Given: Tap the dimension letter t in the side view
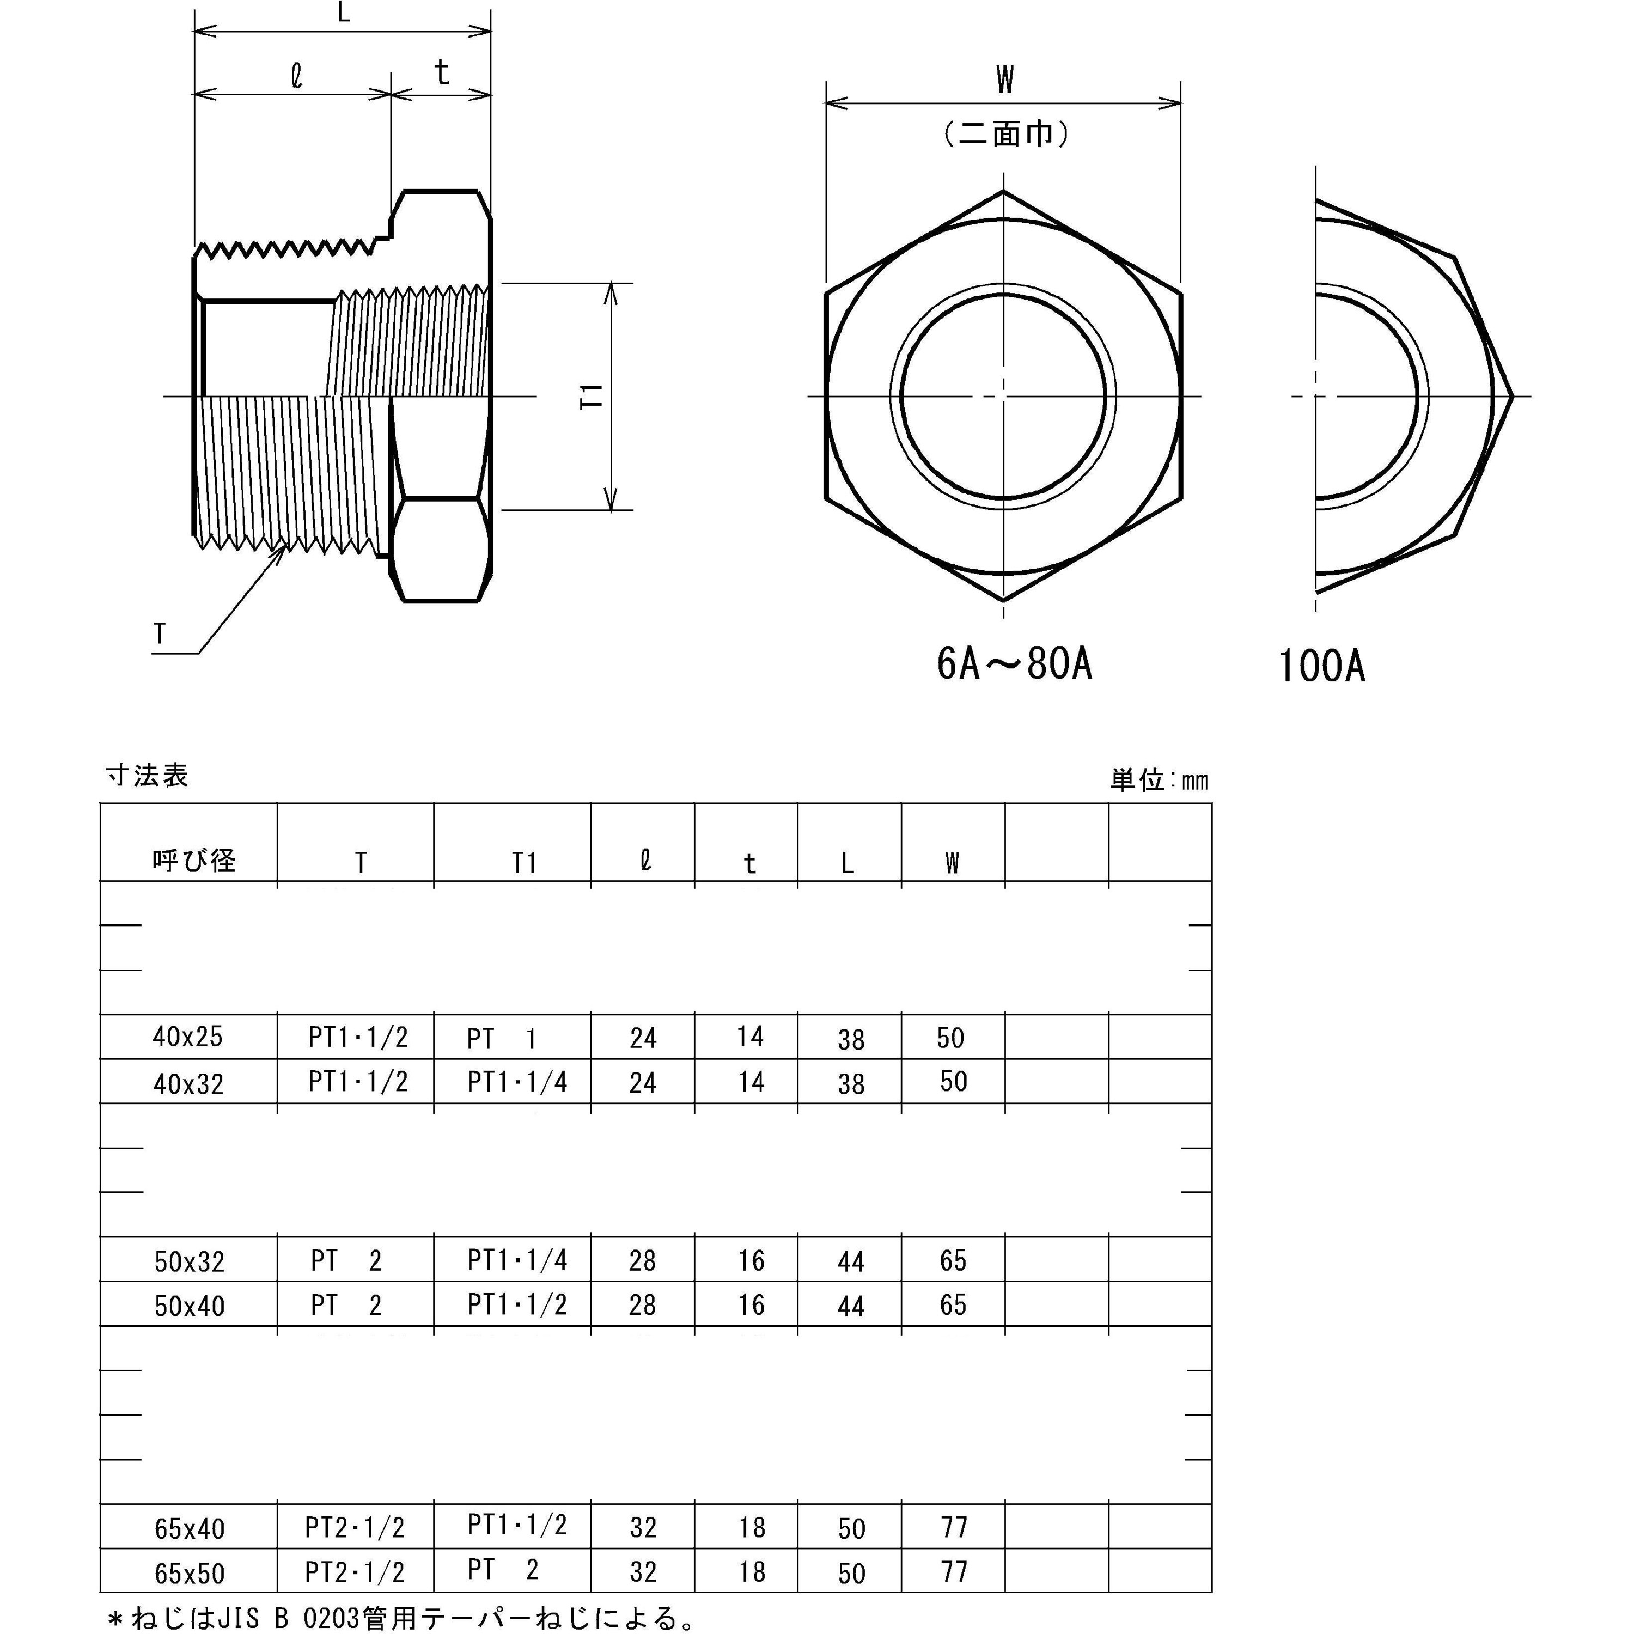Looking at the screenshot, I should pyautogui.click(x=442, y=74).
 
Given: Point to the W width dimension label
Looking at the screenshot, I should pyautogui.click(x=1004, y=81).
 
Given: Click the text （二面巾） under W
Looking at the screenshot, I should pyautogui.click(x=1005, y=133).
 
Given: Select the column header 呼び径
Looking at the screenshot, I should pyautogui.click(x=194, y=861).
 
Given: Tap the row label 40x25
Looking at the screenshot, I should pyautogui.click(x=188, y=1037).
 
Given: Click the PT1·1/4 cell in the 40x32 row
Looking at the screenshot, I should pyautogui.click(x=517, y=1082).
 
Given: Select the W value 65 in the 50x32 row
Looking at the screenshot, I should pyautogui.click(x=952, y=1260).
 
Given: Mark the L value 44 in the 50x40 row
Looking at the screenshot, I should pyautogui.click(x=851, y=1306).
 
